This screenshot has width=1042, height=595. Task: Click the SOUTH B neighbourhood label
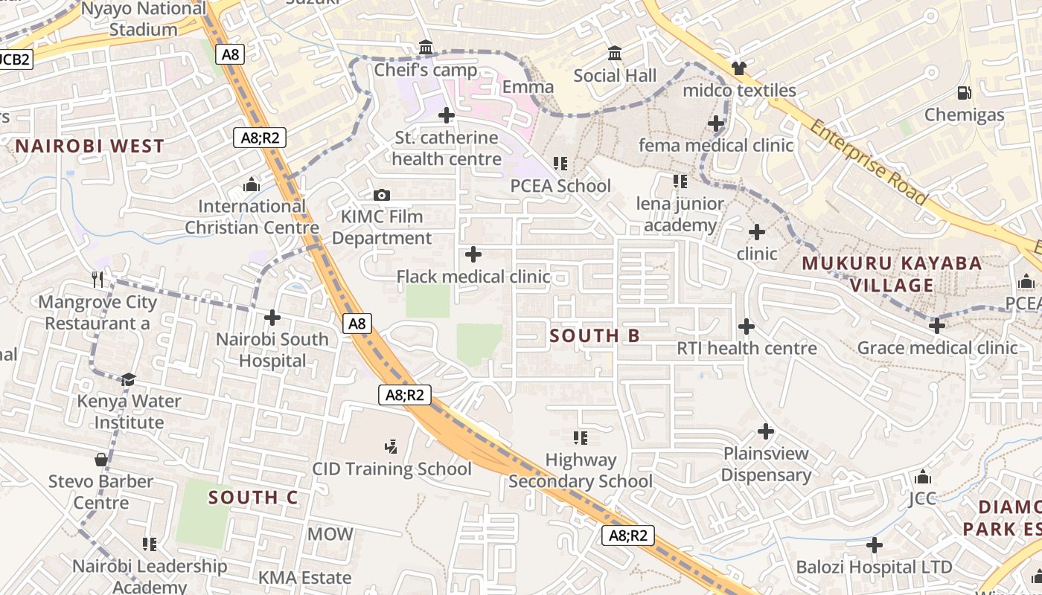[x=594, y=335]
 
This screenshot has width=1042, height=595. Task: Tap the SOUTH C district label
[x=253, y=498]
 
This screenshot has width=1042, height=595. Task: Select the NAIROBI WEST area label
[x=89, y=146]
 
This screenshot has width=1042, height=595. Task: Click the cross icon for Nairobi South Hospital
[x=272, y=318]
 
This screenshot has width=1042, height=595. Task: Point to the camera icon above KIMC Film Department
[x=382, y=195]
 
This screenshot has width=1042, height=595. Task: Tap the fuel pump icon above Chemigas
[x=964, y=93]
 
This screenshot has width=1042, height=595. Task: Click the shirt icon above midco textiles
[x=738, y=68]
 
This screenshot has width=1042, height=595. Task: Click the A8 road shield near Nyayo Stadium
[x=231, y=54]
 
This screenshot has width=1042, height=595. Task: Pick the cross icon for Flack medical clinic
[x=473, y=255]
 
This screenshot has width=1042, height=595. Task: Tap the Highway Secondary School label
[x=581, y=471]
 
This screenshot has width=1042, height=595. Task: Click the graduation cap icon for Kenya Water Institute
[x=129, y=379]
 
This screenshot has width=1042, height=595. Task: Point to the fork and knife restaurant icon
[x=98, y=279]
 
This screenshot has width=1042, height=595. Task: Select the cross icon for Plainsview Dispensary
[x=766, y=431]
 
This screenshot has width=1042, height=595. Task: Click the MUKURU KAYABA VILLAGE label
[x=892, y=274]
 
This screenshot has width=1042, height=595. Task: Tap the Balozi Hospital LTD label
[x=874, y=567]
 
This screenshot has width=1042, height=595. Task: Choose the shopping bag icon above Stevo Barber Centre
[x=101, y=460]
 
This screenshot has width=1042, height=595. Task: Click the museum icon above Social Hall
[x=616, y=54]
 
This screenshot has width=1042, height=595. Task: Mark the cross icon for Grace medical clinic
[x=937, y=325]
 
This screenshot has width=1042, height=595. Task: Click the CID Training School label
[x=391, y=469]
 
